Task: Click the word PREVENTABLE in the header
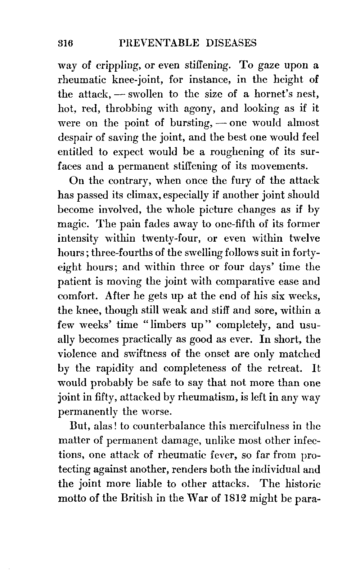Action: coord(156,43)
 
